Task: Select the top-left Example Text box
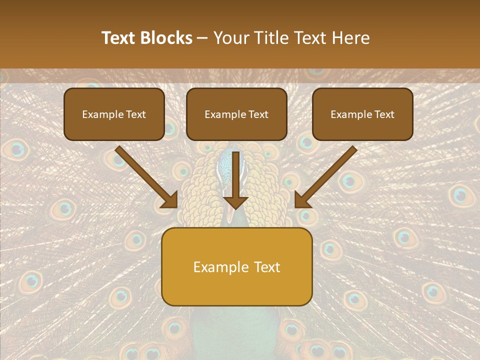tap(114, 114)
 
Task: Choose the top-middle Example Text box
tap(236, 114)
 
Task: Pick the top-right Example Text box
tap(362, 114)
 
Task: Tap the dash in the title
tap(203, 38)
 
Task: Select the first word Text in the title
tap(119, 38)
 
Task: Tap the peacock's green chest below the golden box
tap(235, 325)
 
